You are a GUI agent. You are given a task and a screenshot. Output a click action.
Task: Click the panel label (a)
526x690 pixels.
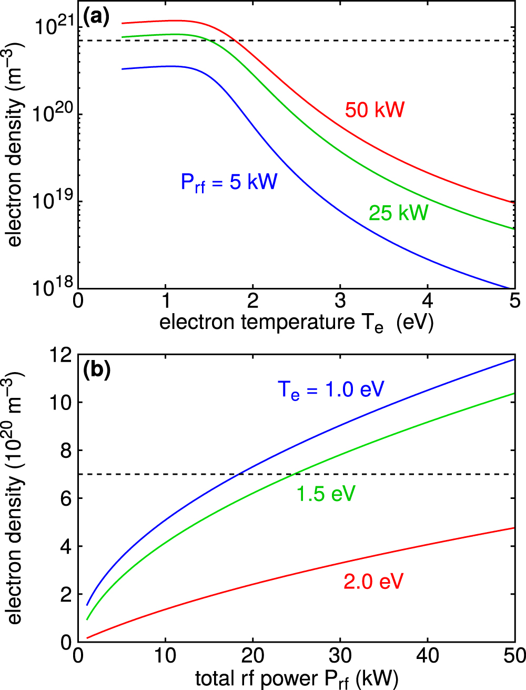click(x=96, y=17)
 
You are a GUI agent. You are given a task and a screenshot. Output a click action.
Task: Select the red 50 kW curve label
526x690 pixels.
click(x=375, y=110)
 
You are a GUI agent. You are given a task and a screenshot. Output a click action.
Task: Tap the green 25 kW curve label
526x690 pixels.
click(x=398, y=213)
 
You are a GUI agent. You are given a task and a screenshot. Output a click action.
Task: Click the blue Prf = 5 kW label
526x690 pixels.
click(x=229, y=183)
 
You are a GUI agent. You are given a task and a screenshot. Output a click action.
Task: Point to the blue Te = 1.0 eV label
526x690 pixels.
click(x=331, y=389)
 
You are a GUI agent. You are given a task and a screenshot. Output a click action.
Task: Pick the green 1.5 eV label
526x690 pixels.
click(x=326, y=494)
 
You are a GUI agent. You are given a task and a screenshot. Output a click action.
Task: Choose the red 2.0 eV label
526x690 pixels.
click(x=373, y=582)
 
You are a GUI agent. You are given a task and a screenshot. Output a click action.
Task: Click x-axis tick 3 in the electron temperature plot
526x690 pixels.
click(x=340, y=301)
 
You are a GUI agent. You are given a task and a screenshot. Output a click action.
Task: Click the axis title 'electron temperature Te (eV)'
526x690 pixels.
click(x=296, y=322)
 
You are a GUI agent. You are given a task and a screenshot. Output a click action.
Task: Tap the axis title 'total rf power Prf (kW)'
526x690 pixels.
click(x=296, y=678)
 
